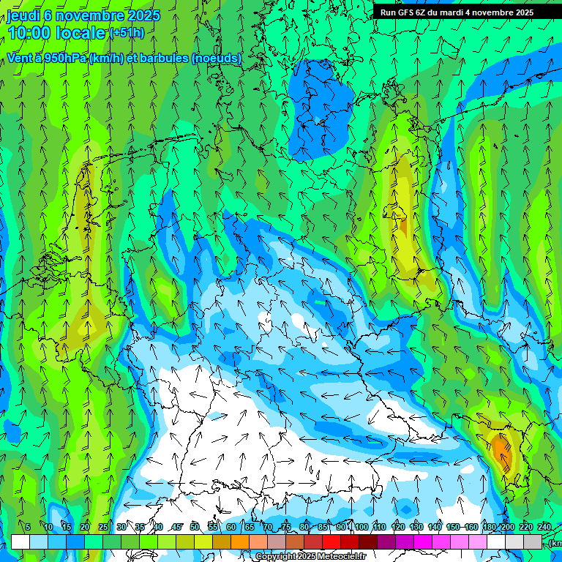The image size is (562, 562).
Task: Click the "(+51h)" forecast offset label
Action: [x=127, y=33]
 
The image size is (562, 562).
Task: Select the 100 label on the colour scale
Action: [x=361, y=527]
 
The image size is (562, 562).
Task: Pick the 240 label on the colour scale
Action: [x=544, y=527]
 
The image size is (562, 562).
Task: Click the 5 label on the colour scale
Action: [x=28, y=527]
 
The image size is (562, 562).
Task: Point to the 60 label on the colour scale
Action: [x=231, y=527]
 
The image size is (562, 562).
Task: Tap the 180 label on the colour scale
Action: [x=488, y=527]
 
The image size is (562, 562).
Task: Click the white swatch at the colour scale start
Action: [x=20, y=542]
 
